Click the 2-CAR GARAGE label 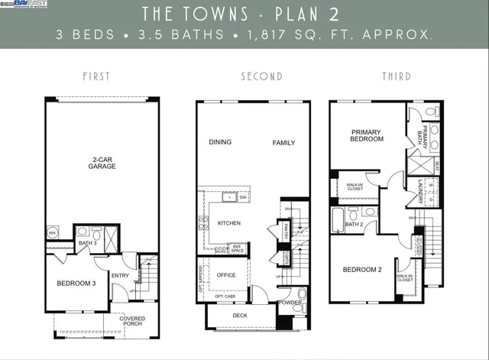(102, 163)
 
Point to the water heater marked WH (53, 232)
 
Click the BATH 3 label (86, 244)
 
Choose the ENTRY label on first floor (120, 275)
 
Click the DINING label (220, 142)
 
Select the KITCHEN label (230, 223)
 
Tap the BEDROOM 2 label (361, 270)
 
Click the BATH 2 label (354, 225)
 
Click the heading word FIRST (96, 76)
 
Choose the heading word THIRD (395, 76)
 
